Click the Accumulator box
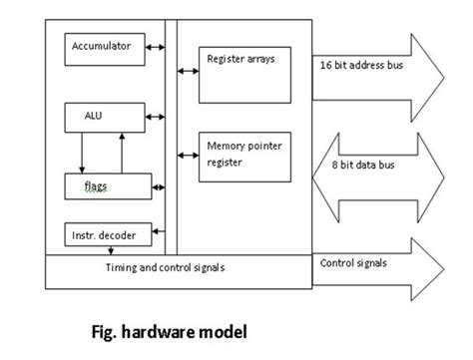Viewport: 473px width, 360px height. (x=103, y=46)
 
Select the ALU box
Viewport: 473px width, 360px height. (x=103, y=117)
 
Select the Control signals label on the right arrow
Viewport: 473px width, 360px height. (x=354, y=263)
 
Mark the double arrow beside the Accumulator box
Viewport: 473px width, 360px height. (x=156, y=46)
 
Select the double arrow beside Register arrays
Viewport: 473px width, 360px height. (x=186, y=71)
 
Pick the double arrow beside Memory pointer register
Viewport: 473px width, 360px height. (x=186, y=155)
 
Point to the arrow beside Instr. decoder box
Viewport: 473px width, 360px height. (x=156, y=235)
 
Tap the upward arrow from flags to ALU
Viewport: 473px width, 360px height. (x=121, y=150)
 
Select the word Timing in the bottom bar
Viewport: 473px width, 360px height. (x=122, y=268)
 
